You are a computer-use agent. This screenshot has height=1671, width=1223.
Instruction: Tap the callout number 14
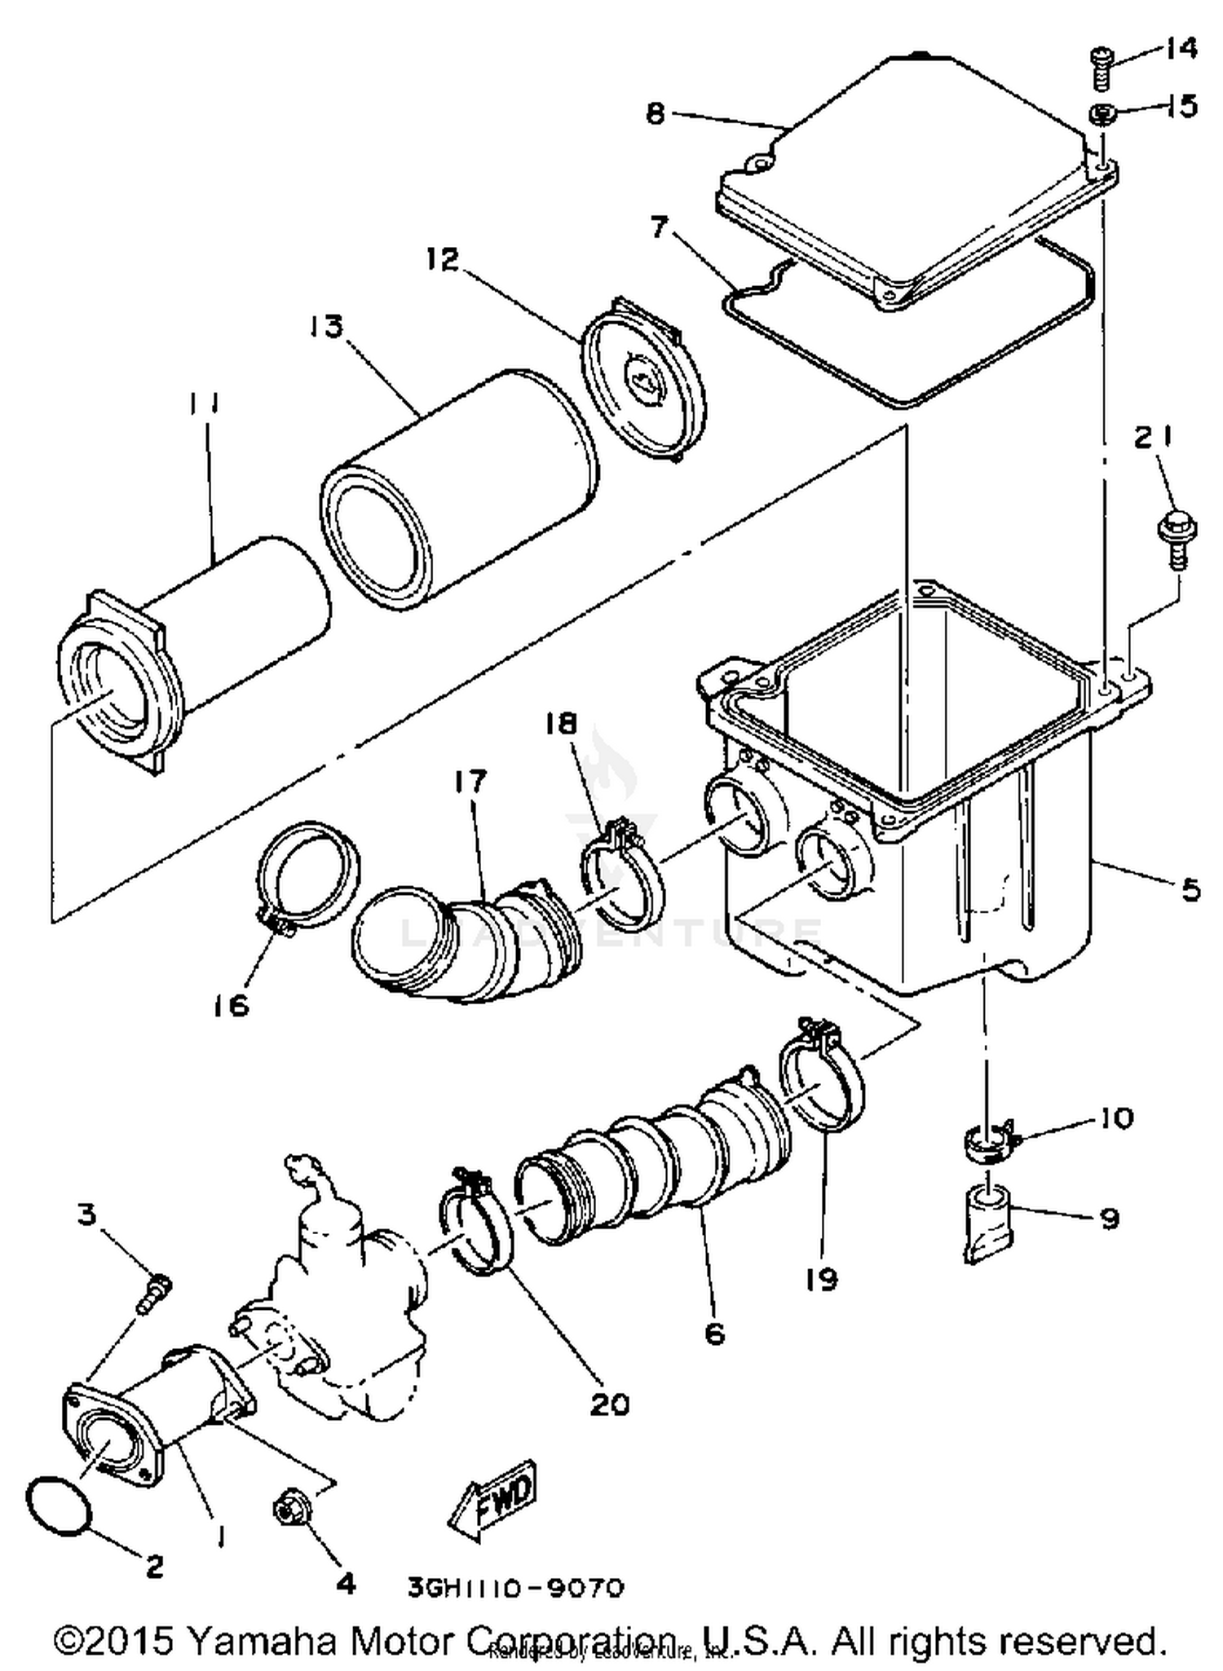1179,49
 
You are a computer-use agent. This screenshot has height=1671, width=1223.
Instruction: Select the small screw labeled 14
1102,68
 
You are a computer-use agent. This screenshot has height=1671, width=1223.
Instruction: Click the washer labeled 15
1103,115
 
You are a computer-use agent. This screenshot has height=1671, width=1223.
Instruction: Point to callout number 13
326,327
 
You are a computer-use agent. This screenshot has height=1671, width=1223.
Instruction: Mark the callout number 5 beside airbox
1190,888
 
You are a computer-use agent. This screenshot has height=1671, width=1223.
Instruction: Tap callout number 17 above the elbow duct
470,780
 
